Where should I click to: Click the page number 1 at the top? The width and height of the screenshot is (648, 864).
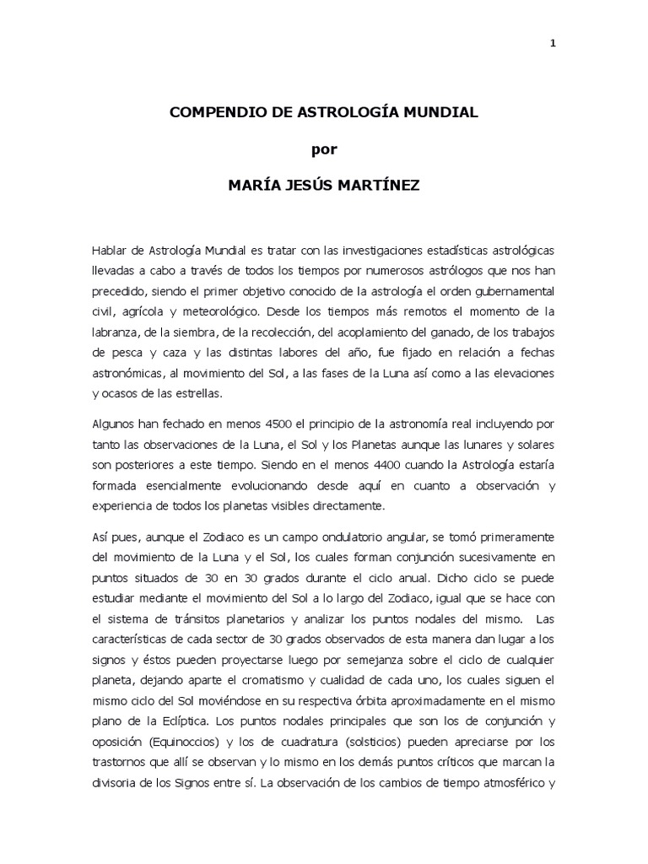552,45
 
